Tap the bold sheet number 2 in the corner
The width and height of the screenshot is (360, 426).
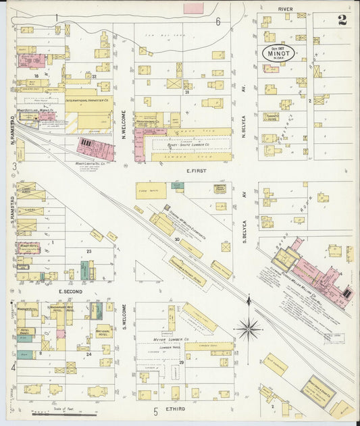[342, 20]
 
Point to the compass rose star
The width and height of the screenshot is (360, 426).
[249, 329]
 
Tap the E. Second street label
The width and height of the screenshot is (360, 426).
[70, 291]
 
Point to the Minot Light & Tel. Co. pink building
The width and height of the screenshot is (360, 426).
[95, 148]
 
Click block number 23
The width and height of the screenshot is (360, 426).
[88, 251]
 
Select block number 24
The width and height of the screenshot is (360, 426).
[88, 353]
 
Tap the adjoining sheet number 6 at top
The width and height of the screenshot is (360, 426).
[218, 22]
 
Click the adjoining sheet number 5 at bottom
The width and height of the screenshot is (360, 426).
[155, 410]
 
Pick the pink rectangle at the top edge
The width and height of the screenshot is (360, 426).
[194, 8]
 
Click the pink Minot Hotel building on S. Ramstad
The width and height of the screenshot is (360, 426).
[28, 248]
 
